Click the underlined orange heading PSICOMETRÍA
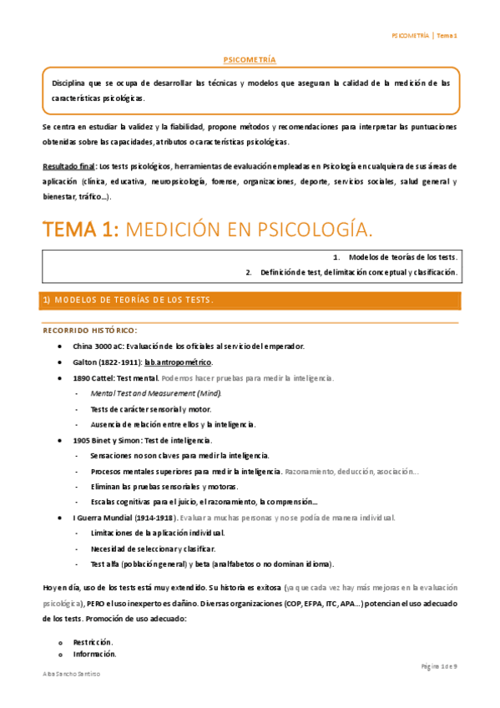coord(250,60)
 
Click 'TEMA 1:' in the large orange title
coord(81,229)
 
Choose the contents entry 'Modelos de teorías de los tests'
coord(403,258)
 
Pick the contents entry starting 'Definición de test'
coord(358,272)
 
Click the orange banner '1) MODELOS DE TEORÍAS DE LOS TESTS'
coord(128,300)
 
